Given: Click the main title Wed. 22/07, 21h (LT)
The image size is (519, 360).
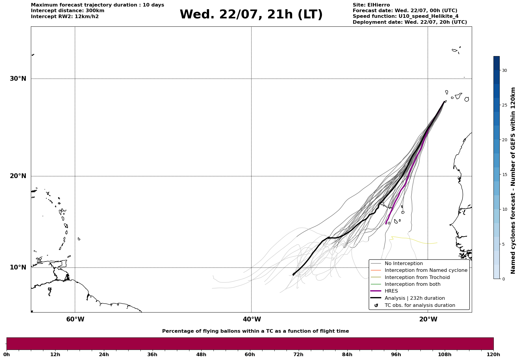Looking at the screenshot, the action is click(251, 15).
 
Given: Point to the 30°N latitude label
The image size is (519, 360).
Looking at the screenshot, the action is click(18, 79).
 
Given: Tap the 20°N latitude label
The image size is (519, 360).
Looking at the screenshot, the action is click(18, 176).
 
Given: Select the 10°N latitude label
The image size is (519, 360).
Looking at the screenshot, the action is click(18, 267).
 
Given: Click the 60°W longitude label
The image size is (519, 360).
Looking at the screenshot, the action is click(75, 319).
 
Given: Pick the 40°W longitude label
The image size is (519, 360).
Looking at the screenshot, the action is click(252, 319).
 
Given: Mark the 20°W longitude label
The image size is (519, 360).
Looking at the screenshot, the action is click(428, 319).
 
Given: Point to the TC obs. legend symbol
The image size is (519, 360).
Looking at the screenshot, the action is click(376, 305).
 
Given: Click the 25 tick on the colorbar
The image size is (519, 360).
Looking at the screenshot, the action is click(504, 105).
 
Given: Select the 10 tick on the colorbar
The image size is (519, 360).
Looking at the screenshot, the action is click(504, 209).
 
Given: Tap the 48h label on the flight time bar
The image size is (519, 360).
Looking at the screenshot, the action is click(201, 354).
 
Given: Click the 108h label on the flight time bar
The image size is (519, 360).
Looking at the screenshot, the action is click(445, 354).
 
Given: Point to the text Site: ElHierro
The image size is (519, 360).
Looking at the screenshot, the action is click(371, 5).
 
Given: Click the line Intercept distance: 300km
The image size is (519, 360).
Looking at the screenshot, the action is click(68, 11).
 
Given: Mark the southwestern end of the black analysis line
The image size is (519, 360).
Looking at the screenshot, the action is click(293, 275).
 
